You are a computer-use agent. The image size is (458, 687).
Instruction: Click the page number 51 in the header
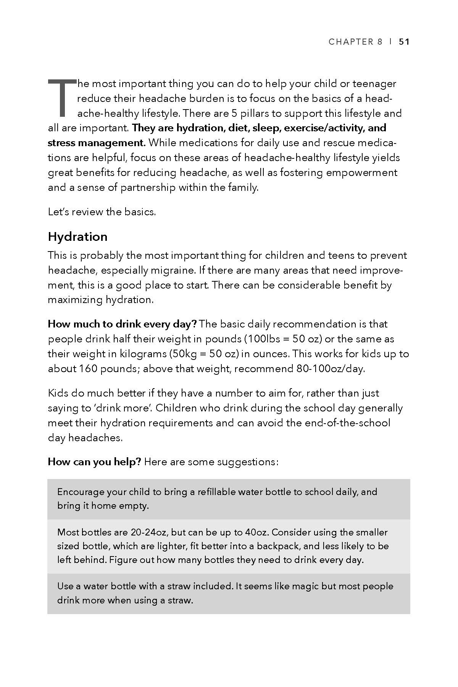[x=404, y=42]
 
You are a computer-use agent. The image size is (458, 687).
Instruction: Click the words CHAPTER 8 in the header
[x=355, y=42]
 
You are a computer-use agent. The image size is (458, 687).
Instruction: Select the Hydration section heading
[x=77, y=237]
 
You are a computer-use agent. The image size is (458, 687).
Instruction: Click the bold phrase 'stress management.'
[x=97, y=143]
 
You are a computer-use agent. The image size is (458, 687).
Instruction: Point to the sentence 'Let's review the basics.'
[x=102, y=212]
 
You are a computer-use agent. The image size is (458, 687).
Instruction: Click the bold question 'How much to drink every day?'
[x=122, y=324]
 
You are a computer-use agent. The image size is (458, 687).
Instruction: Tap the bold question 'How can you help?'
[x=94, y=462]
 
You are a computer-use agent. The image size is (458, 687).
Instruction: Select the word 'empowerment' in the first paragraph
[x=365, y=173]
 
